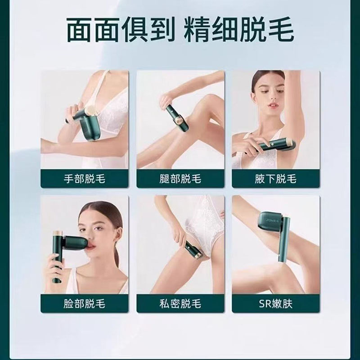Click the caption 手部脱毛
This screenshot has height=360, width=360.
click(x=85, y=179)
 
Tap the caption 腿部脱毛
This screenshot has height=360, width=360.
click(x=180, y=179)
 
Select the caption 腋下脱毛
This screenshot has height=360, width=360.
click(x=275, y=179)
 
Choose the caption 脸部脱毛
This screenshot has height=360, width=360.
click(x=85, y=303)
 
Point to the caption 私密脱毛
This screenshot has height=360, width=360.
click(x=180, y=303)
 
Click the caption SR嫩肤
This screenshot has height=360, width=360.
click(x=275, y=303)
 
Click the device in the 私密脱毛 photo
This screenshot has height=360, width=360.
click(x=193, y=249)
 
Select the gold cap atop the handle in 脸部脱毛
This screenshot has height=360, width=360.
click(x=57, y=233)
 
